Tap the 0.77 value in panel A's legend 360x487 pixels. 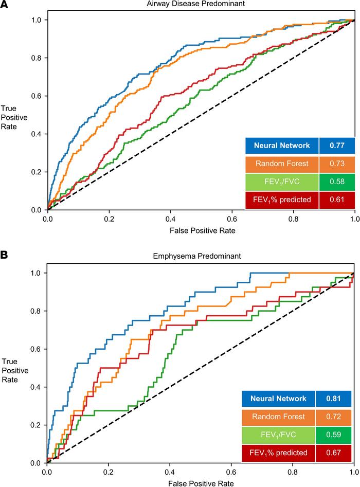click(336, 146)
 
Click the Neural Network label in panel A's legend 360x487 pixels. click(281, 146)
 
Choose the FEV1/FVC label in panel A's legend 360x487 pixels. click(281, 182)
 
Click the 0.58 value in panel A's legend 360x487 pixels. click(336, 182)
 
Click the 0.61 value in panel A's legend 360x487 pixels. click(336, 200)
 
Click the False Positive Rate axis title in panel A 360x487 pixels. click(201, 231)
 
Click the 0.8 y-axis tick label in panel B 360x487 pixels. click(34, 311)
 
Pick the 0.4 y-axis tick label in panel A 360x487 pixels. click(34, 134)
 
